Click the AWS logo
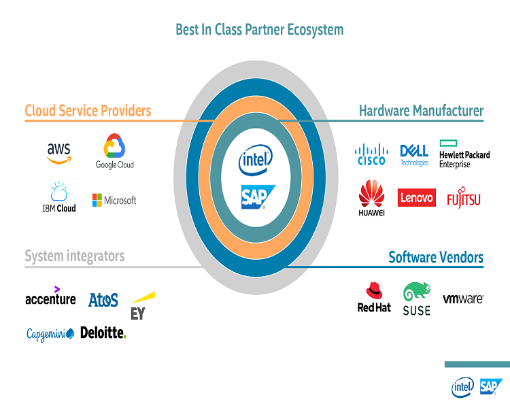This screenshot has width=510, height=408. pyautogui.click(x=58, y=152)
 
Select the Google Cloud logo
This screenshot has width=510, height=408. pyautogui.click(x=114, y=152)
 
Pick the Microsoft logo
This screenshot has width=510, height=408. pyautogui.click(x=114, y=201)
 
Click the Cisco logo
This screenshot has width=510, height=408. pyautogui.click(x=371, y=154)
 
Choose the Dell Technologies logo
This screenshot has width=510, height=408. pyautogui.click(x=414, y=154)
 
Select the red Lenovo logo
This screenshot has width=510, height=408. pyautogui.click(x=416, y=197)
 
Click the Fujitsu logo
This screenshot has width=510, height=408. pyautogui.click(x=463, y=199)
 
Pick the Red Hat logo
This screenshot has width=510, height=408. pyautogui.click(x=374, y=298)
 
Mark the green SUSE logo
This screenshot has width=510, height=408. pyautogui.click(x=416, y=299)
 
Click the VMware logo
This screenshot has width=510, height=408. pyautogui.click(x=463, y=299)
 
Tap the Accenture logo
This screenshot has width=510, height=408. pyautogui.click(x=50, y=298)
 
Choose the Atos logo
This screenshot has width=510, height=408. pyautogui.click(x=103, y=299)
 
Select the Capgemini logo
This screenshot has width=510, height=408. pyautogui.click(x=50, y=334)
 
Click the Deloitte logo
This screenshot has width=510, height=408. pyautogui.click(x=103, y=333)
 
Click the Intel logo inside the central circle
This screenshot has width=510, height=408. pyautogui.click(x=255, y=162)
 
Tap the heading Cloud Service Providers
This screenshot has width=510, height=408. pyautogui.click(x=88, y=110)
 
